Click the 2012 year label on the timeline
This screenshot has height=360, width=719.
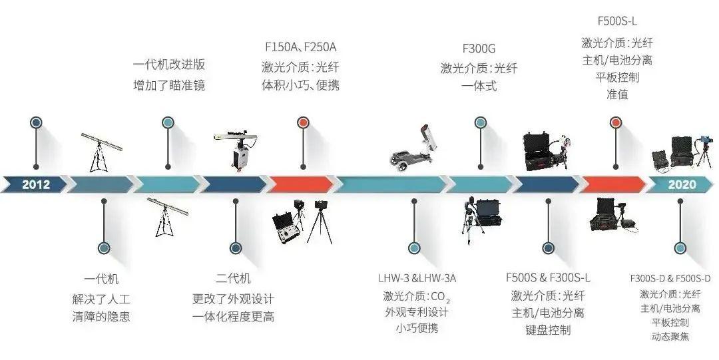(x=36, y=184)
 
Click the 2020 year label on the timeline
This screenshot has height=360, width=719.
(x=682, y=184)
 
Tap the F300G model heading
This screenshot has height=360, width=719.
(x=479, y=49)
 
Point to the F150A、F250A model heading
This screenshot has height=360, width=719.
(x=301, y=47)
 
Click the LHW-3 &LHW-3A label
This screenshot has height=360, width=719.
(x=417, y=277)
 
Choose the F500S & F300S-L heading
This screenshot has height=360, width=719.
(x=548, y=277)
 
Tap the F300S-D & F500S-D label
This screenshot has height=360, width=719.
(x=670, y=277)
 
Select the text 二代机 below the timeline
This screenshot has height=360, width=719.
(x=233, y=279)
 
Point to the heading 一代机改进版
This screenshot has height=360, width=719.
(x=168, y=65)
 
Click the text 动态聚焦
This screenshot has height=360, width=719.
(x=670, y=336)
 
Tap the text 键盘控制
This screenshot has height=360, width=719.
(x=548, y=329)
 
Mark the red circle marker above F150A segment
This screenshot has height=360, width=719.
(x=303, y=122)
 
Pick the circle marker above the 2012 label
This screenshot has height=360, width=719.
(x=37, y=122)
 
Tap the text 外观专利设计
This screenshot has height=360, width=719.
(x=417, y=312)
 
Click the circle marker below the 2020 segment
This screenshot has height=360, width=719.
(x=680, y=248)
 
